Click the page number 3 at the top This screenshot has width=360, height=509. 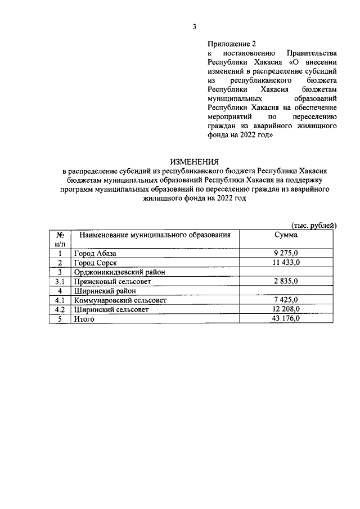coord(194,26)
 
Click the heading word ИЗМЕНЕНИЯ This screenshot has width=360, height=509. coord(194,161)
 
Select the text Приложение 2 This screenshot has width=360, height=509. coord(231,43)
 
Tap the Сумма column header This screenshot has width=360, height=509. coord(286,235)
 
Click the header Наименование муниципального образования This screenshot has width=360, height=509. coord(155,235)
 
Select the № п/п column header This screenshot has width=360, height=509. coord(60,239)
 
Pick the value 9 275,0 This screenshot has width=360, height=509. coord(286,253)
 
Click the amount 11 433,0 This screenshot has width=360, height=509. coord(286,263)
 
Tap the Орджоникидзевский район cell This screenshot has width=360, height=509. coord(115,272)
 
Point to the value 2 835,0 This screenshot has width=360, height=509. coord(286,281)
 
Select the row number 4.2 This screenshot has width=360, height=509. coord(60,309)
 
